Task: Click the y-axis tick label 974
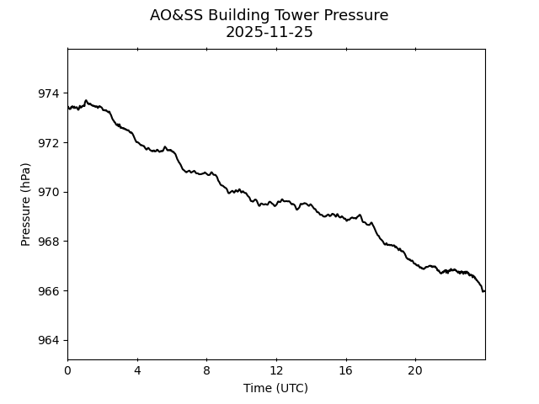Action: [49, 93]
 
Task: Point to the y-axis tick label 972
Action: [49, 143]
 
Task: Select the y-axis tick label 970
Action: [49, 192]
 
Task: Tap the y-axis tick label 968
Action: [49, 242]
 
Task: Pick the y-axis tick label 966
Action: [49, 291]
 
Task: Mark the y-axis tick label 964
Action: [49, 341]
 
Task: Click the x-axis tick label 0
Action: [67, 371]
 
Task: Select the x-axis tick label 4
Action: [137, 371]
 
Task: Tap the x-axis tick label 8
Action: [206, 371]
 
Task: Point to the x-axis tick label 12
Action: [276, 371]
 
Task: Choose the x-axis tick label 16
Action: [345, 371]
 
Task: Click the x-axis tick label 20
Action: [415, 371]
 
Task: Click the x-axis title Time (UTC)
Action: [275, 388]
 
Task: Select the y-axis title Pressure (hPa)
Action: [26, 204]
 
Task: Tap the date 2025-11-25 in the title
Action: [269, 32]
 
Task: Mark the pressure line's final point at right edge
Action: [484, 291]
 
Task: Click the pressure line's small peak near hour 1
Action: [85, 100]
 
